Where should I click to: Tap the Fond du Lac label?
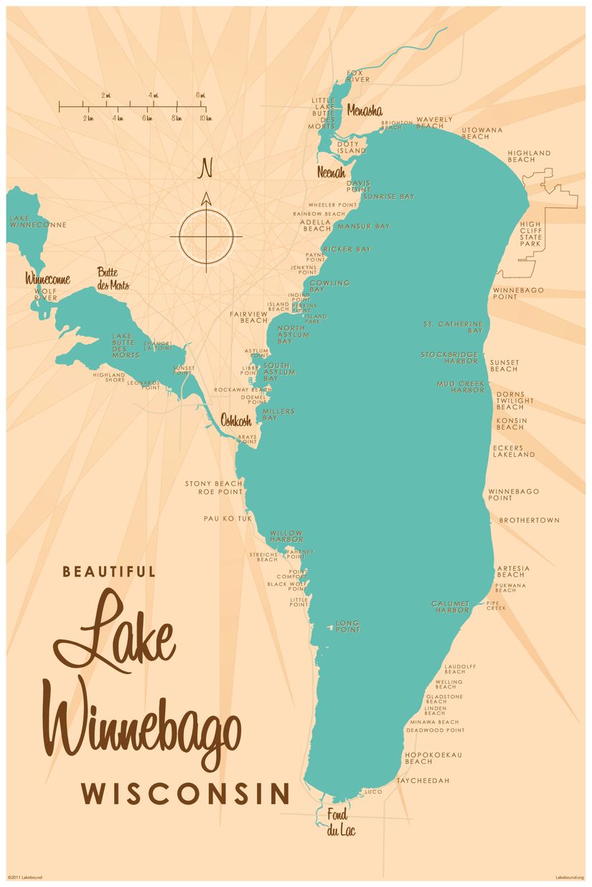click(x=341, y=822)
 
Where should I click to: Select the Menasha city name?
click(x=365, y=110)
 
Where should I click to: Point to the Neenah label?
click(x=332, y=173)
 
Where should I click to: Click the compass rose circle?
click(x=206, y=235)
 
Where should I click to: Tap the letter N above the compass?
click(x=206, y=169)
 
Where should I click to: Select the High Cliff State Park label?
click(x=532, y=234)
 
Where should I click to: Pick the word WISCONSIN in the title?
click(x=185, y=794)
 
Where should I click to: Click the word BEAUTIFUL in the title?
click(x=109, y=571)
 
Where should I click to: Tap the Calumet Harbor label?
click(x=451, y=607)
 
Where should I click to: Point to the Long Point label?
click(x=347, y=626)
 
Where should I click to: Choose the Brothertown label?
click(x=529, y=520)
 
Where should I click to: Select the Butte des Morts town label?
click(x=114, y=278)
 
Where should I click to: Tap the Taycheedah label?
click(x=423, y=780)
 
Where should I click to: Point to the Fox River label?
click(x=358, y=76)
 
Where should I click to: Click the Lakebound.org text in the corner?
click(x=570, y=877)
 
